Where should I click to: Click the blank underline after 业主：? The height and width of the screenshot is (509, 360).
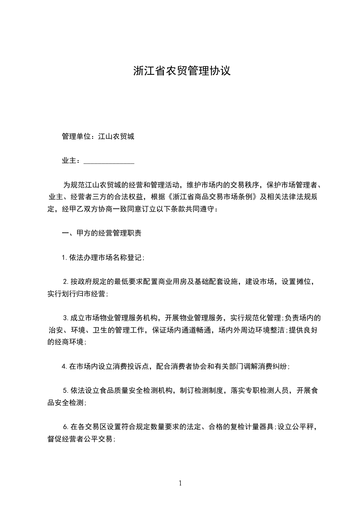109,161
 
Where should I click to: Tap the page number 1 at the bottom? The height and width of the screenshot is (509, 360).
180,483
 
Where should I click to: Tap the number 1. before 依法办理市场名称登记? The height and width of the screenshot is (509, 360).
65,258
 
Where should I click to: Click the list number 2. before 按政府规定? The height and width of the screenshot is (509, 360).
66,282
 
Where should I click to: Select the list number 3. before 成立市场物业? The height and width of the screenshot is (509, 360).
66,318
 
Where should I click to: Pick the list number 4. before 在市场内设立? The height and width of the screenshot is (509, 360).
65,366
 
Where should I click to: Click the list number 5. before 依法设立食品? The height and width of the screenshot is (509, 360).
66,390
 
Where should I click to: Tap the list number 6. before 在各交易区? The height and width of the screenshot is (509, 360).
66,426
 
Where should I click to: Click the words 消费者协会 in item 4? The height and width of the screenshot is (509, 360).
188,366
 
